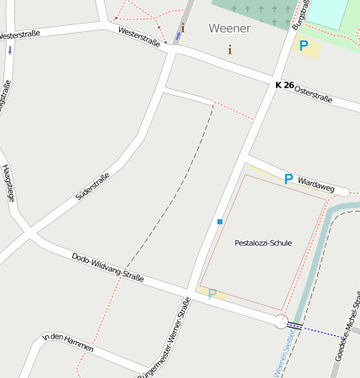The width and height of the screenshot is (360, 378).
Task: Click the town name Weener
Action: (x=228, y=28)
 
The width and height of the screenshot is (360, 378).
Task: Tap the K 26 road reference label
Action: (x=284, y=85)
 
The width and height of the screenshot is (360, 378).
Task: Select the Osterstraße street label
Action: (x=314, y=93)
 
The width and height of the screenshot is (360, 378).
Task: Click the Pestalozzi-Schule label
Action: (x=263, y=243)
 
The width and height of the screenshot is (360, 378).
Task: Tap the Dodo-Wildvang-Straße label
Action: (x=107, y=268)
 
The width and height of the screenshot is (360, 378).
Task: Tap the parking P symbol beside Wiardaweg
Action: (x=288, y=179)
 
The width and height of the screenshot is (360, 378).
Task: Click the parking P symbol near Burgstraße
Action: (x=304, y=46)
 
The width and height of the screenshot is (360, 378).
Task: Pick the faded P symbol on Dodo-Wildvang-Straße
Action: (x=212, y=293)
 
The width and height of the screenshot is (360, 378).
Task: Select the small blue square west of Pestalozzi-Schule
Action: (x=220, y=222)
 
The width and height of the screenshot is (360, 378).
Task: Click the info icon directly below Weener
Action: (x=230, y=50)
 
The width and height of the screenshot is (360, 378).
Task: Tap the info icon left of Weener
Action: (x=183, y=29)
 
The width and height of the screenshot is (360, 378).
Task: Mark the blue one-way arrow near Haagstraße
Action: (x=9, y=50)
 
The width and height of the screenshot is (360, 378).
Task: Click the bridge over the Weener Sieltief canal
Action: (x=295, y=325)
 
